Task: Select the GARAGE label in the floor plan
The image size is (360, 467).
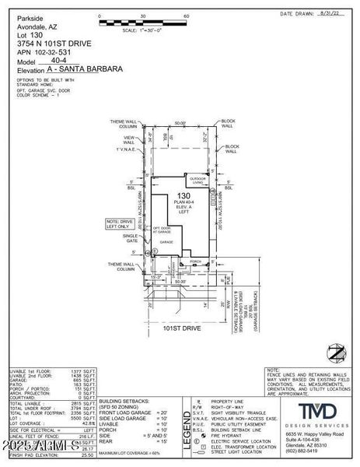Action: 166,242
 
